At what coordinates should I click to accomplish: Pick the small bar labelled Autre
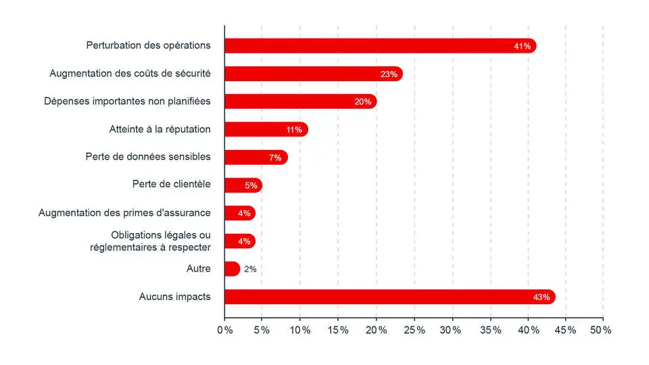click(x=232, y=268)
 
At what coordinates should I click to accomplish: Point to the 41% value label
click(x=523, y=46)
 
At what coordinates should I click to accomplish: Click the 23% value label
click(x=389, y=74)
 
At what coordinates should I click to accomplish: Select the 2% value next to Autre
click(x=250, y=269)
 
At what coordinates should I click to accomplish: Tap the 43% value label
click(x=542, y=297)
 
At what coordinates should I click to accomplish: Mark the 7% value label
click(x=275, y=157)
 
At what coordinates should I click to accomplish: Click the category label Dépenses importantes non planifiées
click(x=127, y=101)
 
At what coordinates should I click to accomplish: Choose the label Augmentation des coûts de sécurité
click(x=130, y=73)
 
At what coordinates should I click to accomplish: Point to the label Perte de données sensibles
click(x=148, y=157)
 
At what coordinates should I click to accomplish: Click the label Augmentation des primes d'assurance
click(x=124, y=213)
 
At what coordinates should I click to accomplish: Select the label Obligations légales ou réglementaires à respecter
click(x=150, y=241)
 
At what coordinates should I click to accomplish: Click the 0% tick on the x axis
click(x=224, y=330)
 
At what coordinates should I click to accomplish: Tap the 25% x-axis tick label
click(x=414, y=330)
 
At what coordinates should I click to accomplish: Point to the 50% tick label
click(x=601, y=330)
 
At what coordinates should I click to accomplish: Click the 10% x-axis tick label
click(x=300, y=330)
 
